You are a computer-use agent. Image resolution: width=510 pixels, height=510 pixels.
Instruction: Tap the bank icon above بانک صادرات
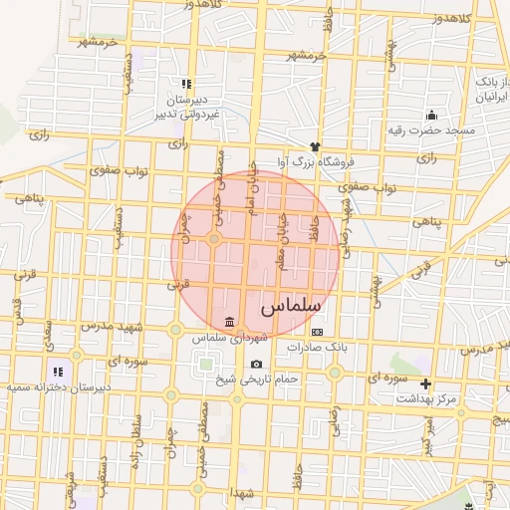tap(317, 332)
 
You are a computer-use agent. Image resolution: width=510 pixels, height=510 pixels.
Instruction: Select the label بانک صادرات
tap(316, 347)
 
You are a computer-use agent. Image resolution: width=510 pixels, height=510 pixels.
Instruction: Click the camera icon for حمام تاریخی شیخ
tap(257, 364)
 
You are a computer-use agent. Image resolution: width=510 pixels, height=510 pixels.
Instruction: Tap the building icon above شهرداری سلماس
tap(230, 322)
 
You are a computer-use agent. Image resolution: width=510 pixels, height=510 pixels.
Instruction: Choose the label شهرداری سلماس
tap(229, 339)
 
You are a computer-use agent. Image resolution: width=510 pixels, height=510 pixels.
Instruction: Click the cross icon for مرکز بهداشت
tap(426, 383)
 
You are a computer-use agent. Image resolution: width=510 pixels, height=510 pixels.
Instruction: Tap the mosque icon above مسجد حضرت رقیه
tap(430, 115)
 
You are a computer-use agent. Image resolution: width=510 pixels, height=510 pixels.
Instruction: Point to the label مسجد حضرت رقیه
tap(432, 130)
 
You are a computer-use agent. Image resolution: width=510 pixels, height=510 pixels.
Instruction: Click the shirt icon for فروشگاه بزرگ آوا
tap(316, 147)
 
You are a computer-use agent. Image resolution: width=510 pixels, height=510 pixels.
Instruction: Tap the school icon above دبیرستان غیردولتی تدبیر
tap(184, 85)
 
